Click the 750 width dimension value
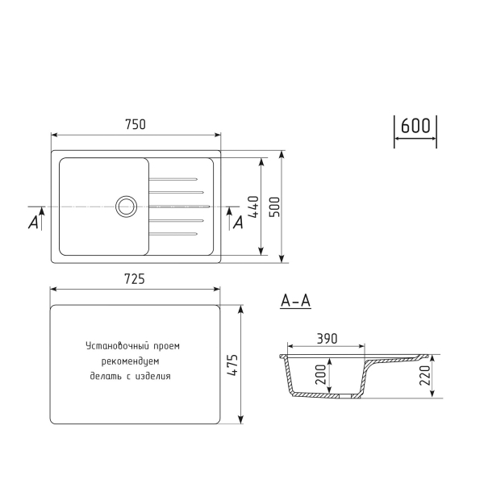click(135, 124)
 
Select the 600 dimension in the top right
click(415, 127)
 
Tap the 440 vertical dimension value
click(252, 211)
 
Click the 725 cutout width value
click(135, 279)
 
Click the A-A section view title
click(295, 302)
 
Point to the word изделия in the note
click(154, 376)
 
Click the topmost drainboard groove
click(173, 178)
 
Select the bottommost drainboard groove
click(173, 235)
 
